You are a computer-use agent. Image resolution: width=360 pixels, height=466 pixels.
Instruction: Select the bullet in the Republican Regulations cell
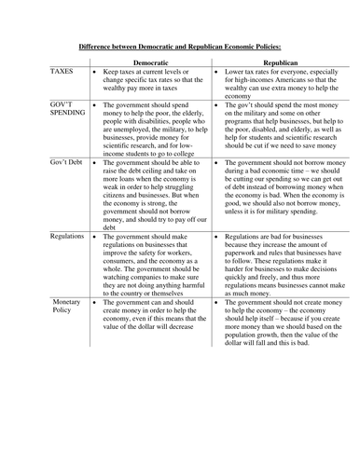(216, 239)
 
